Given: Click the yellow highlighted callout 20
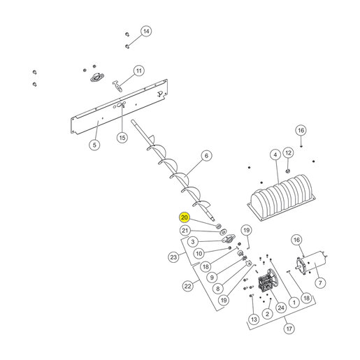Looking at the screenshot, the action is [184, 217].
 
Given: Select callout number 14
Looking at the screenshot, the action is [146, 31].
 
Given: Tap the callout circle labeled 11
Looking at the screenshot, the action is [139, 71].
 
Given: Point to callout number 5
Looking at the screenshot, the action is [94, 145].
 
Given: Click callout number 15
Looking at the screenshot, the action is [122, 138].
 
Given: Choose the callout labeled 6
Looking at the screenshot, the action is [206, 156].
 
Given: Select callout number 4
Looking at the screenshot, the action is [275, 155].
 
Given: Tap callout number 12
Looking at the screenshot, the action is [288, 153].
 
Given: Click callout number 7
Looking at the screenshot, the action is [320, 283].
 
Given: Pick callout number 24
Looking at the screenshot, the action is [281, 308].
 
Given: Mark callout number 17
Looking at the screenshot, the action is [289, 329].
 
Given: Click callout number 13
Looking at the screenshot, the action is [254, 319].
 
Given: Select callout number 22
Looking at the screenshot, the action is [188, 286].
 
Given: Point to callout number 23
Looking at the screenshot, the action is [173, 257].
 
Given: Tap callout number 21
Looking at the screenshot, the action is [185, 231].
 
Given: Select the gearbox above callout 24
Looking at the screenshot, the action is [267, 281].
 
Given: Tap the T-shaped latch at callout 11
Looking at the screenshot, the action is [117, 85].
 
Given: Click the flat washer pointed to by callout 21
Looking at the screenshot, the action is [224, 232].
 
